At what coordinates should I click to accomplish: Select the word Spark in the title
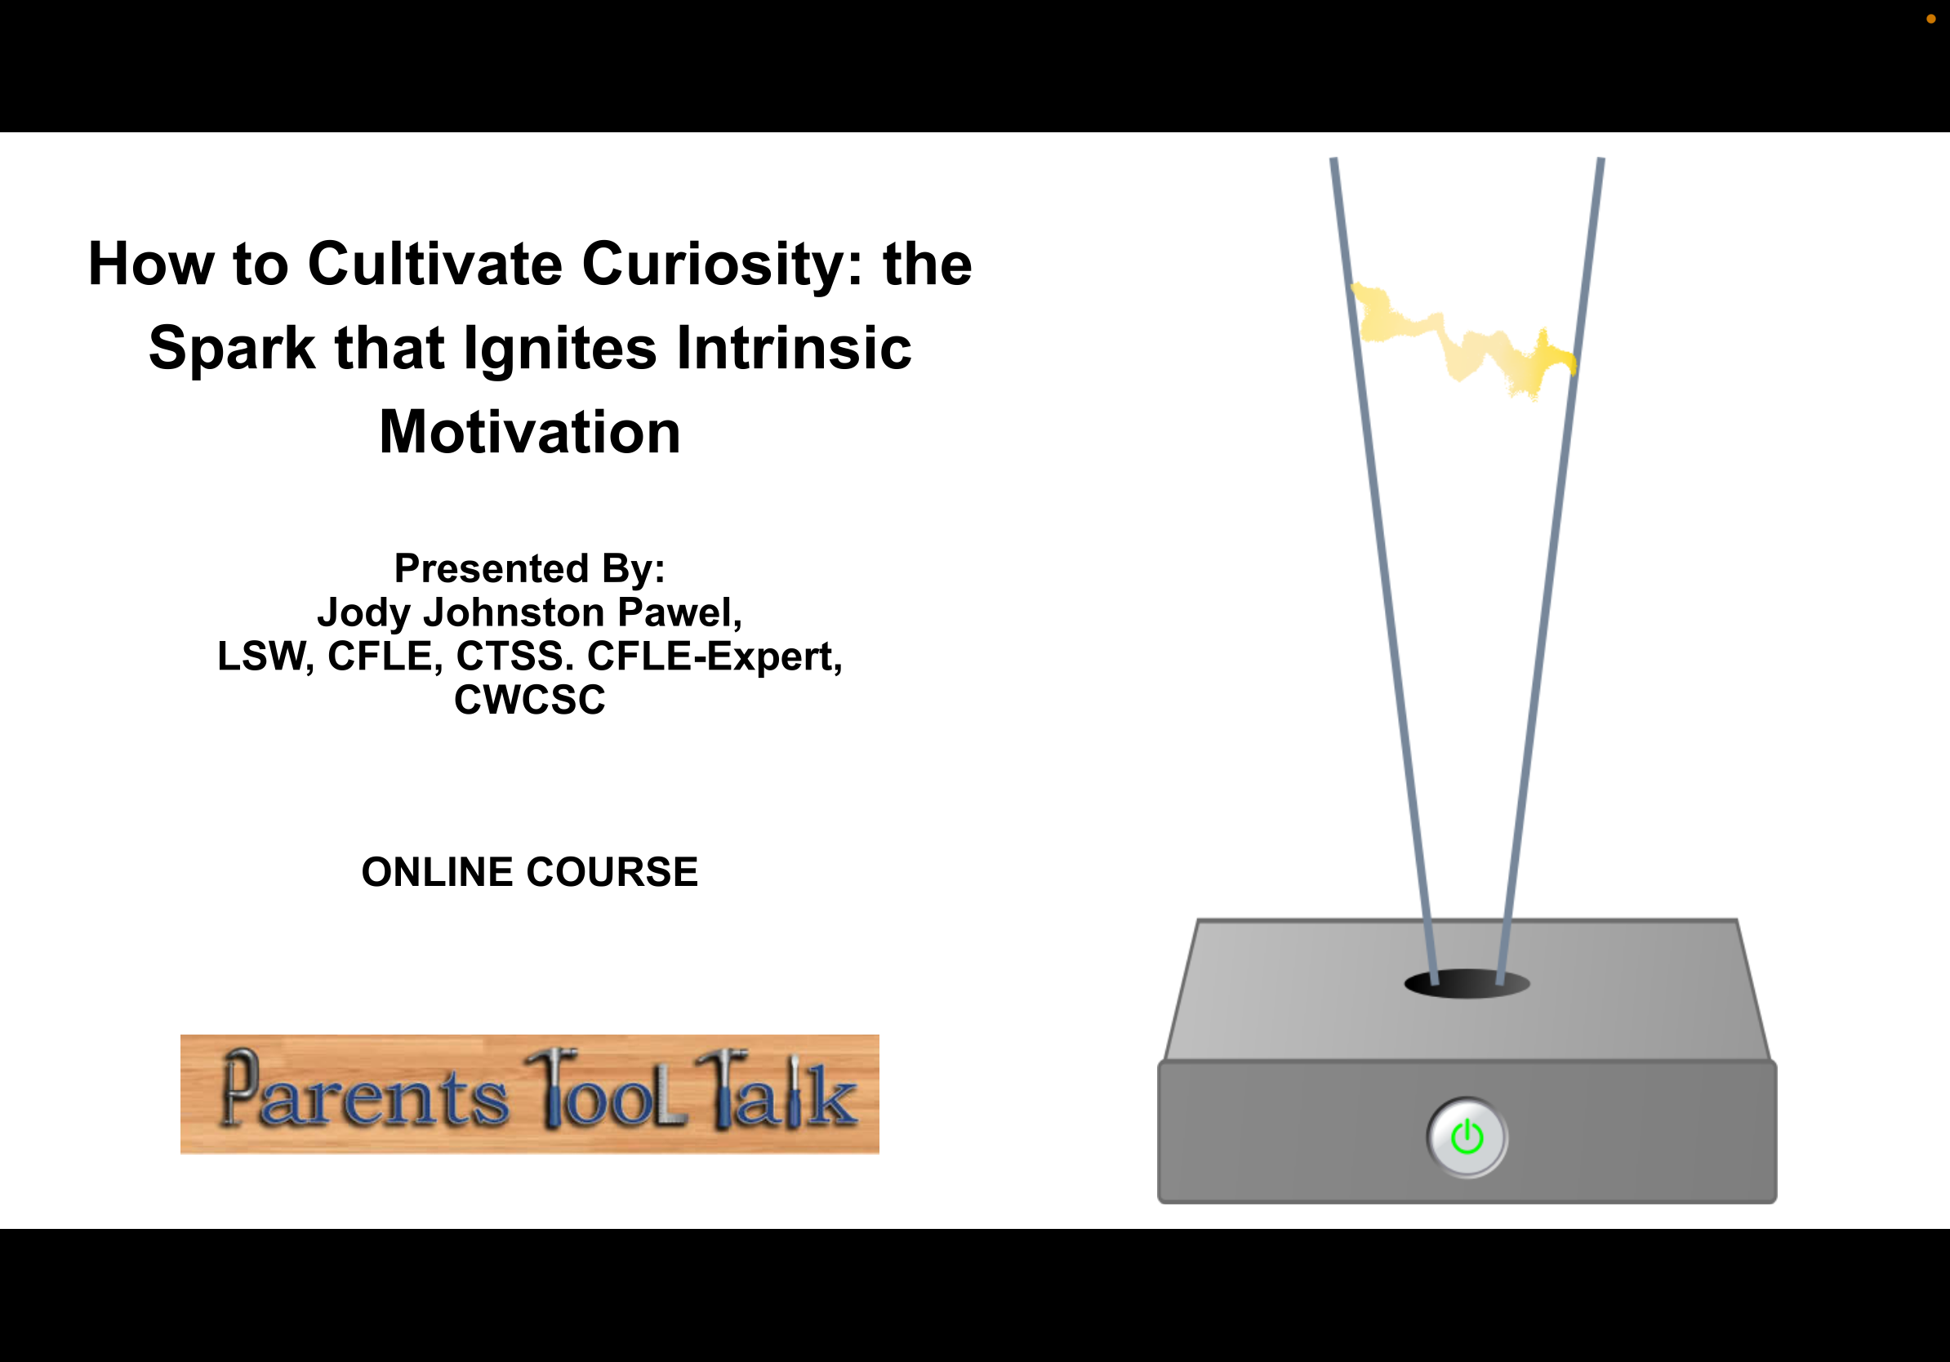tap(232, 349)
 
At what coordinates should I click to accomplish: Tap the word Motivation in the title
tap(530, 432)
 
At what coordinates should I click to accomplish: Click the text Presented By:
tap(530, 569)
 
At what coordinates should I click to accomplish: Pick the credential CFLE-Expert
tap(715, 657)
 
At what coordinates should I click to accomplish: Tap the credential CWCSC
tap(530, 701)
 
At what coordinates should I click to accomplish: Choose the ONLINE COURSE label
tap(530, 872)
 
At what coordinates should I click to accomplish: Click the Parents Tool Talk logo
tap(530, 1093)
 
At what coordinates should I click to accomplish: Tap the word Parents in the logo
tap(365, 1093)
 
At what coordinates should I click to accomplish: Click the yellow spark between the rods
tap(1463, 341)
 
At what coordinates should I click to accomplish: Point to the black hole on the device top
tap(1467, 984)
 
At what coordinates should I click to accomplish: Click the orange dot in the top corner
tap(1930, 19)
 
